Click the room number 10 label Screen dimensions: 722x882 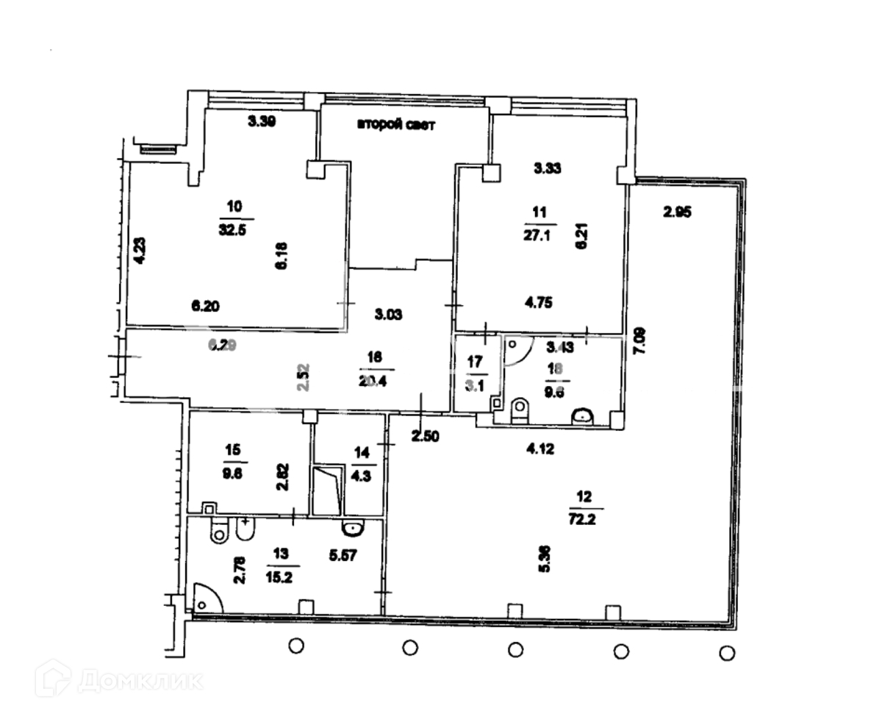(x=236, y=207)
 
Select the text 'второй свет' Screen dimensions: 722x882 (x=397, y=125)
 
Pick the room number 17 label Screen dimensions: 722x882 (x=475, y=361)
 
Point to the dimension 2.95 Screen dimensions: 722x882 (x=677, y=212)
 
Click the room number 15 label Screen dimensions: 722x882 (x=232, y=449)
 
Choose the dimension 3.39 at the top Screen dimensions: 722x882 (x=261, y=123)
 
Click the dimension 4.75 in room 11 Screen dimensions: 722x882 (x=539, y=301)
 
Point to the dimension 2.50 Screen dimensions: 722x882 (x=425, y=437)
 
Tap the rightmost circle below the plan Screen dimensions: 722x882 (x=727, y=652)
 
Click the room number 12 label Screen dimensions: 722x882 (x=584, y=496)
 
